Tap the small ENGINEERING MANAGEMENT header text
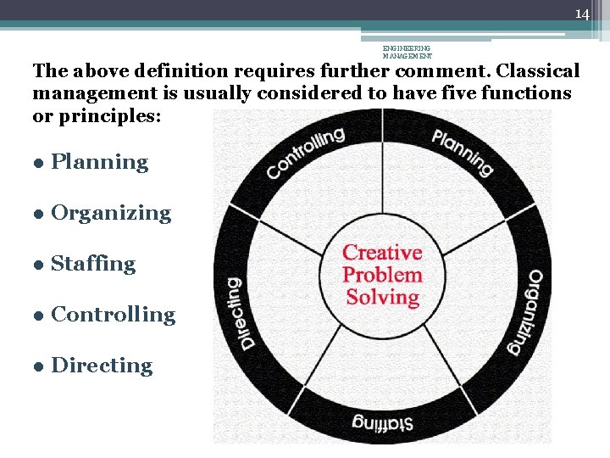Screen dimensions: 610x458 point(407,53)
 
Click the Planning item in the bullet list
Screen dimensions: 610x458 point(99,162)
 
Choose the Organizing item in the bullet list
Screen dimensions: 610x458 point(111,213)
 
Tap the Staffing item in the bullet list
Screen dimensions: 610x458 point(93,264)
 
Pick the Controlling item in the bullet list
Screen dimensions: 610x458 point(113,315)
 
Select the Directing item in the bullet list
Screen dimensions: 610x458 point(102,366)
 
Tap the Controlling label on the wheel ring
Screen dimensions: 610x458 point(306,153)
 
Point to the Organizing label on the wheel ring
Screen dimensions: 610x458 point(525,311)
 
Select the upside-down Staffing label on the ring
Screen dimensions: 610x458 point(384,422)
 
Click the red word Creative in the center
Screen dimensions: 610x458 point(382,253)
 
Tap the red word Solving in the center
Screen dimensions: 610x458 point(383,297)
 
